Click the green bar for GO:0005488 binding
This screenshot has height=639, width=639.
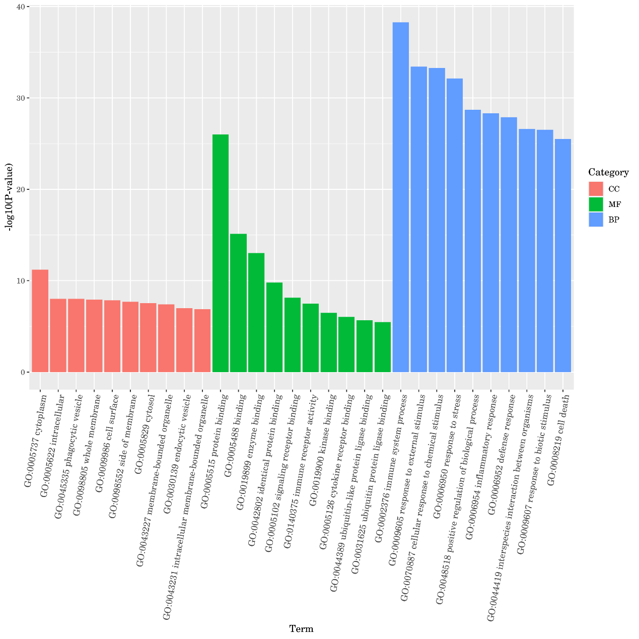pos(238,303)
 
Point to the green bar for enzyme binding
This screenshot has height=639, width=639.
pos(256,312)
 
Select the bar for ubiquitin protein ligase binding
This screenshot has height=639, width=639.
pos(382,347)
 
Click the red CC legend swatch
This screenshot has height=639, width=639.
pos(596,189)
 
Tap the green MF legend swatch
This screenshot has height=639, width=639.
pos(596,204)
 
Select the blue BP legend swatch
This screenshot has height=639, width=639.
pos(596,220)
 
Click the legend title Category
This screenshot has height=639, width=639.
pos(608,173)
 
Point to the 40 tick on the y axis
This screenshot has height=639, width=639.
pos(22,6)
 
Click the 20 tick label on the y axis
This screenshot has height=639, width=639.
pos(22,189)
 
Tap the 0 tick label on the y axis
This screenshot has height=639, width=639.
pos(23,372)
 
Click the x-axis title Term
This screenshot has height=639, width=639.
pos(301,628)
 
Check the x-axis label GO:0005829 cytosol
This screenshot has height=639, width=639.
pos(145,434)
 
